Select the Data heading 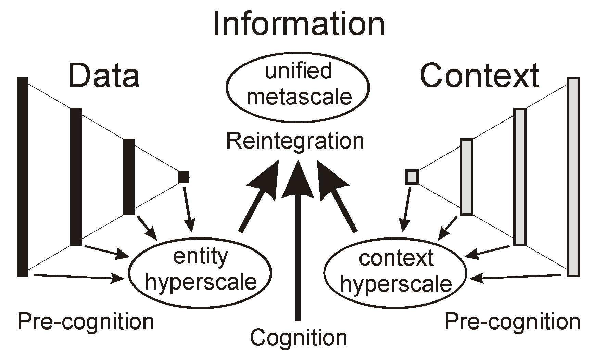pos(104,76)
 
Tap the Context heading pos(479,76)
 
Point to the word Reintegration pos(295,141)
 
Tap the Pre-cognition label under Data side pos(86,322)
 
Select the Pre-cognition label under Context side pos(512,322)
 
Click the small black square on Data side pos(183,177)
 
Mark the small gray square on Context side pos(412,177)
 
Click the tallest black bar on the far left pos(22,176)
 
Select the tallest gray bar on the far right pos(573,176)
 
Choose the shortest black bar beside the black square pos(129,177)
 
